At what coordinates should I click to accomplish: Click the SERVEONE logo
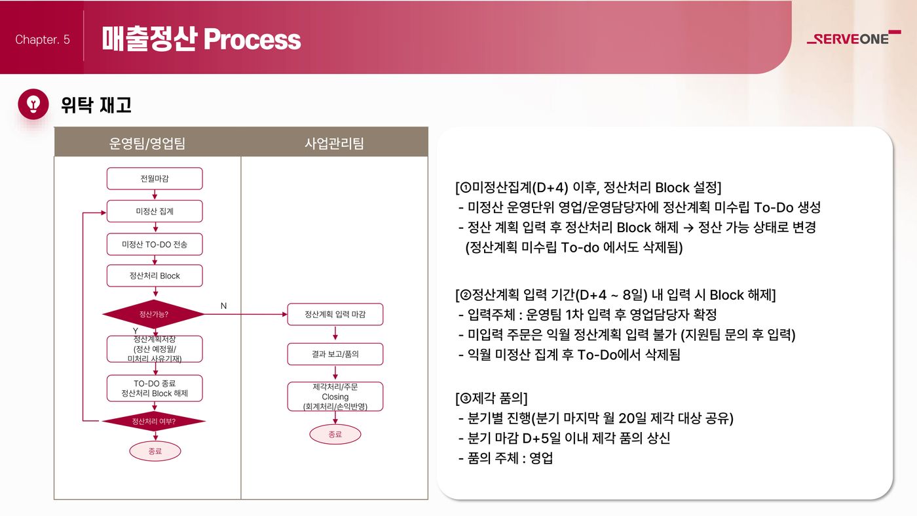point(853,37)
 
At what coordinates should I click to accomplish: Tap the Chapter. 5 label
point(43,39)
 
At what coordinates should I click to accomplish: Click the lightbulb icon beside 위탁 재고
point(33,104)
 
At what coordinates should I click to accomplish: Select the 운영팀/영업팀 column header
point(147,143)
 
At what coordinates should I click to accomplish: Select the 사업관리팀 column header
point(334,143)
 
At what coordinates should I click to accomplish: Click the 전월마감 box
point(155,178)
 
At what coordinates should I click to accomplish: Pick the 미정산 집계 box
point(155,211)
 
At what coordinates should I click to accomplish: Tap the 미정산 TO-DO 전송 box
point(155,245)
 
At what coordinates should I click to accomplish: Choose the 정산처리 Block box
point(155,275)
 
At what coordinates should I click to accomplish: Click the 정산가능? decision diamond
point(153,314)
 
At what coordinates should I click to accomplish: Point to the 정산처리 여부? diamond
point(153,421)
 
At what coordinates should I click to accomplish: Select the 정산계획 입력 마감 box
point(335,314)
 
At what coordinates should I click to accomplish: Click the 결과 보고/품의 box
point(335,354)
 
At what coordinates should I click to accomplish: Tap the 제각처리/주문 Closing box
point(335,396)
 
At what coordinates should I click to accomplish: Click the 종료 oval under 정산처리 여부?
point(155,451)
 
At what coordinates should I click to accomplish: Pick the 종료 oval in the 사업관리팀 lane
point(335,435)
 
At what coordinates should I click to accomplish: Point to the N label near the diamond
point(223,306)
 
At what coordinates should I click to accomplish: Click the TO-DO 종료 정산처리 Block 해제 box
point(155,388)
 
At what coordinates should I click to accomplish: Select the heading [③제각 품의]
point(491,398)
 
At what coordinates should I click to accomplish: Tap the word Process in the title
point(252,39)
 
